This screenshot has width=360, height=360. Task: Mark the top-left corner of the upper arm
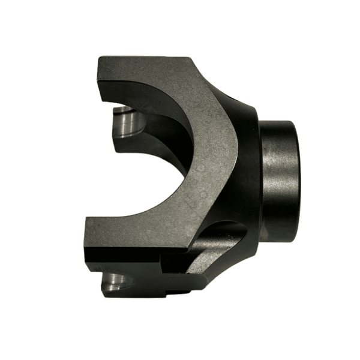100,58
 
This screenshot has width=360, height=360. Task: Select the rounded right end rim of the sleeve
297,180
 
